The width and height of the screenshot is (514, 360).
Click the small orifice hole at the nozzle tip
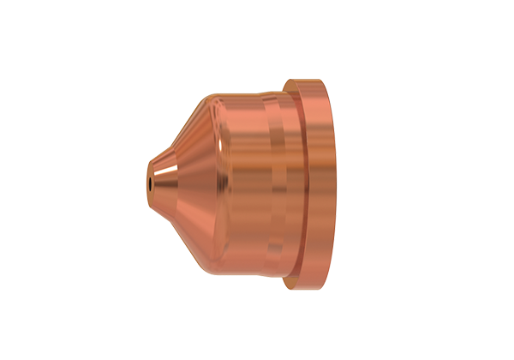pos(148,182)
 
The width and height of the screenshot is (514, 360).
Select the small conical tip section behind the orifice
pos(160,181)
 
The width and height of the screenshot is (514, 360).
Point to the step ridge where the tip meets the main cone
pos(173,181)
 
